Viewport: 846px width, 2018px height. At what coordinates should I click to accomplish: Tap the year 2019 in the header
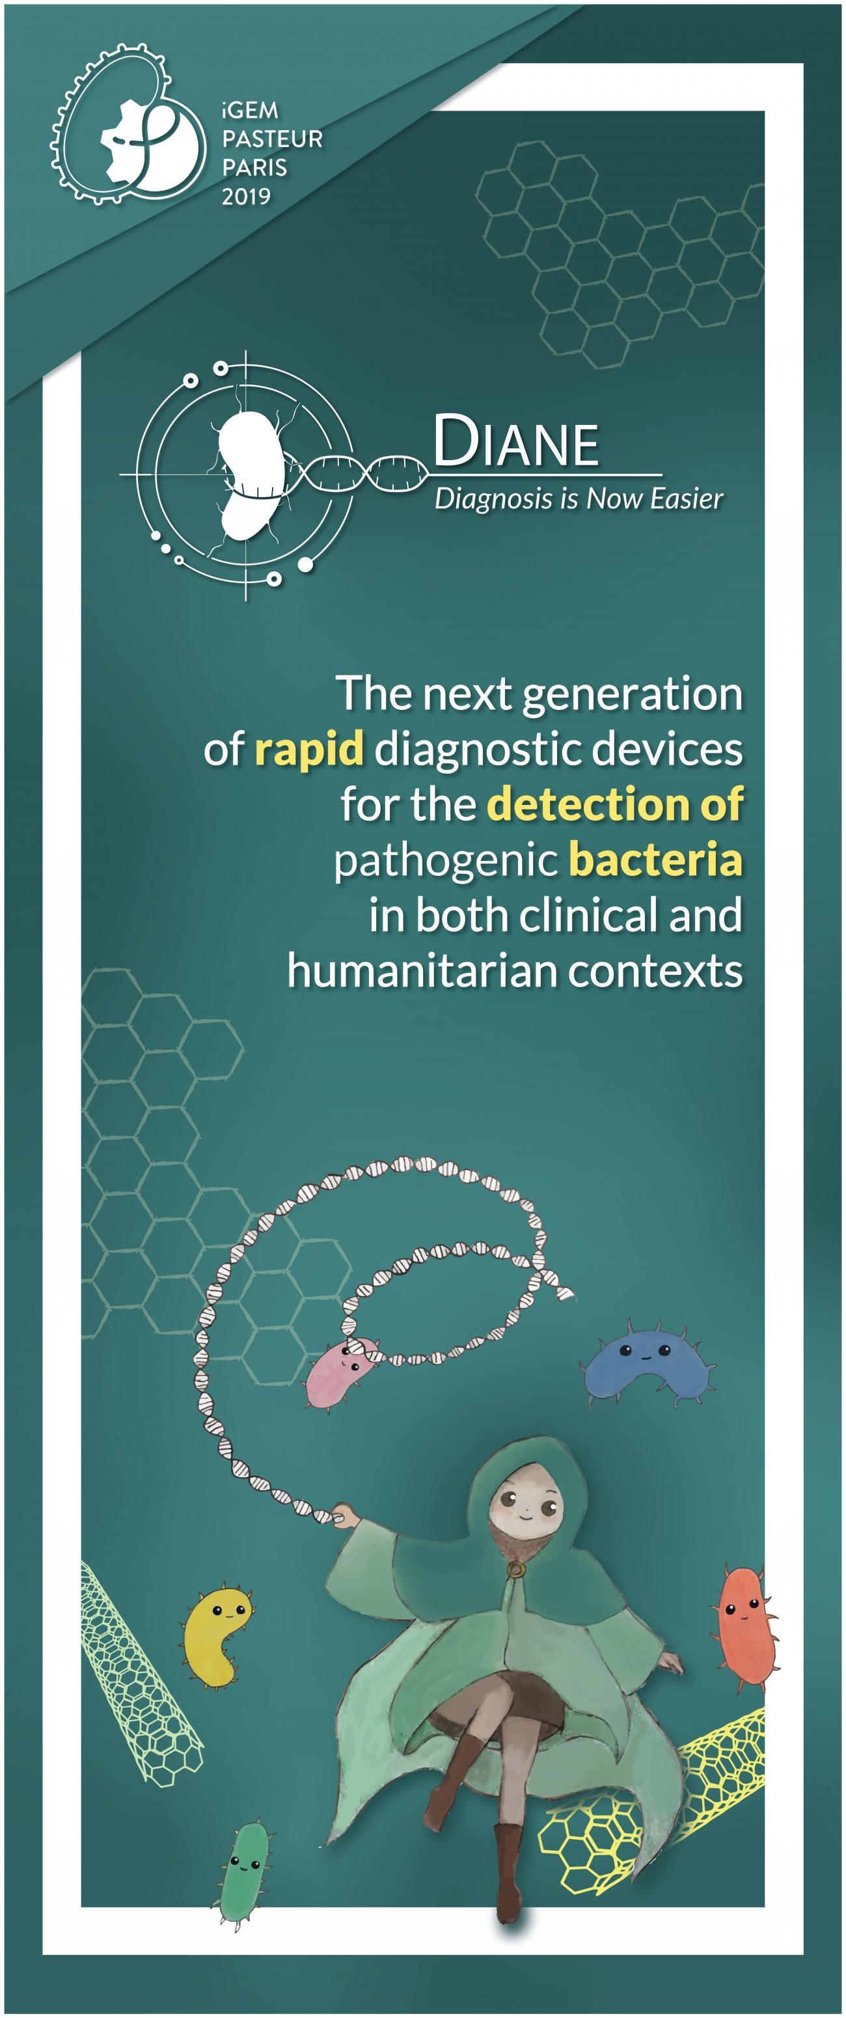click(246, 196)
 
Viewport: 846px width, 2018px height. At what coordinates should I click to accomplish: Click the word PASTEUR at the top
click(272, 139)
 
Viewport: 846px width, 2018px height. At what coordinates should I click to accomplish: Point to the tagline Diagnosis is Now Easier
click(578, 499)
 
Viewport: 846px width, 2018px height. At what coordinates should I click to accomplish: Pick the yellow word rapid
click(308, 750)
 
